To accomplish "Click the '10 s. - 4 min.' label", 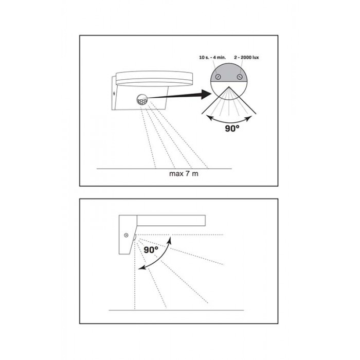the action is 212,58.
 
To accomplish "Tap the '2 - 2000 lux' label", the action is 246,58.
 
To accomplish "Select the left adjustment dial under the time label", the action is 218,77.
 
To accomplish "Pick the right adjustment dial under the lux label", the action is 240,77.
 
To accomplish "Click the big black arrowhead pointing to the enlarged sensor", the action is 206,94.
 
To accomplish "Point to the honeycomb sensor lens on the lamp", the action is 142,100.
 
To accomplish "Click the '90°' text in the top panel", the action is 232,129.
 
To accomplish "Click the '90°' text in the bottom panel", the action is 151,249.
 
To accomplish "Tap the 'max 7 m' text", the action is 184,174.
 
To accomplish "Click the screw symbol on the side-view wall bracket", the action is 126,235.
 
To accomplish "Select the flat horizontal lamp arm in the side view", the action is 171,221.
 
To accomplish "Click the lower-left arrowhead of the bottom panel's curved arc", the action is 141,267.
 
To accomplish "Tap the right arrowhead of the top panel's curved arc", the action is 249,118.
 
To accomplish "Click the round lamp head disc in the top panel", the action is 154,79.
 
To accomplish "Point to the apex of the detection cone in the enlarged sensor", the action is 229,87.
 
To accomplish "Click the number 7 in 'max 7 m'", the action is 187,174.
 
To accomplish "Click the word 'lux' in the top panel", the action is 255,58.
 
